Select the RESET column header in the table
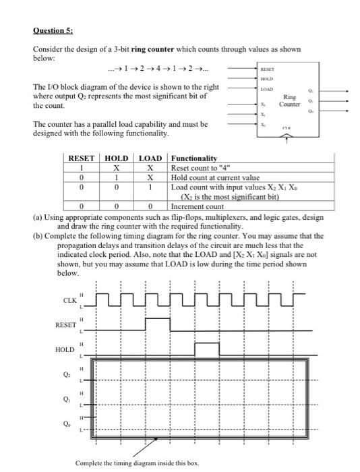82,158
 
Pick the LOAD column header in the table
150,158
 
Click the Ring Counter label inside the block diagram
290,100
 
